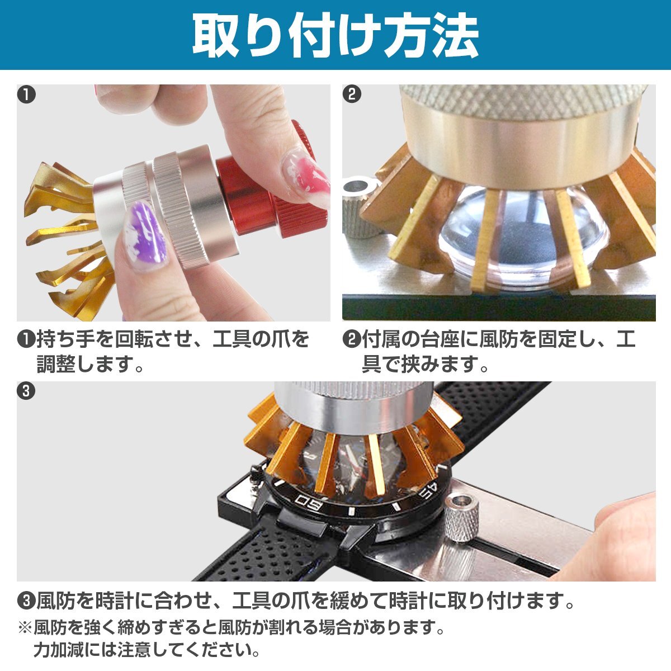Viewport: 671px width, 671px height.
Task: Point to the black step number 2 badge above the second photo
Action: tap(352, 94)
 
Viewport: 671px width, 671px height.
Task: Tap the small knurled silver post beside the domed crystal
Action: tap(361, 207)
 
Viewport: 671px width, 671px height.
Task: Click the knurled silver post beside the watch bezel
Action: tap(461, 518)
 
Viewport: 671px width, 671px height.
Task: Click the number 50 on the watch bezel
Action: tap(309, 503)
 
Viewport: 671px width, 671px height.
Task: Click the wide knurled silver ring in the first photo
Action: tap(181, 211)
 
